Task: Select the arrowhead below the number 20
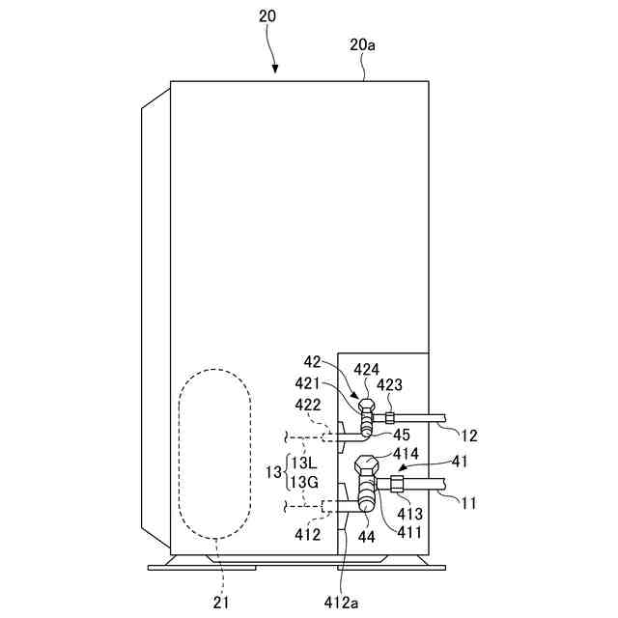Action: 274,68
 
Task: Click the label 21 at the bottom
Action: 221,604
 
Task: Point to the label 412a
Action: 342,604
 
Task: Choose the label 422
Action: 308,405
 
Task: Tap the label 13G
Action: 305,482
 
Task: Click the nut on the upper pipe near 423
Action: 389,417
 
